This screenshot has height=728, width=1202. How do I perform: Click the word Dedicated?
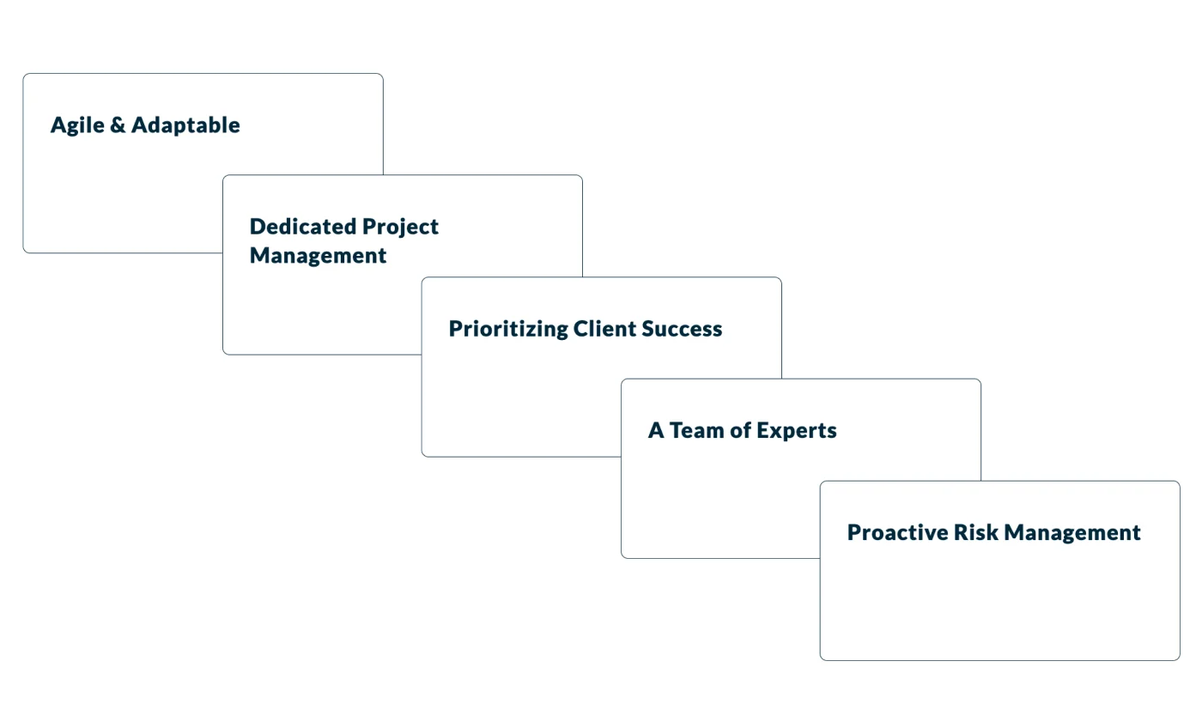tap(302, 227)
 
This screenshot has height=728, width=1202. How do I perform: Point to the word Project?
tap(400, 227)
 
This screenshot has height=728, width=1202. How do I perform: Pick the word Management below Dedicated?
tap(318, 256)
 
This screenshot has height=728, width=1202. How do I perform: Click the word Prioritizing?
tap(507, 329)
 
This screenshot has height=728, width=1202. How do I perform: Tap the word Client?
tap(605, 329)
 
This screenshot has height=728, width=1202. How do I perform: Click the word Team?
tap(695, 430)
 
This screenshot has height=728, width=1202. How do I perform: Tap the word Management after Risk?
tap(1072, 533)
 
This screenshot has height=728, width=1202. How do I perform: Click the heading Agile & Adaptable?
tap(145, 125)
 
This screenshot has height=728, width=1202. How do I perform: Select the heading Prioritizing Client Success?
tap(586, 329)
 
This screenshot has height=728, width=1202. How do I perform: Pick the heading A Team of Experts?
tap(742, 430)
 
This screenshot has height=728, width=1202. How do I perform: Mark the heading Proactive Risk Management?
tap(993, 532)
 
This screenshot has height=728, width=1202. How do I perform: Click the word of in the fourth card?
tap(740, 430)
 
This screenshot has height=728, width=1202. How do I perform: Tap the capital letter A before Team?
tap(656, 430)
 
